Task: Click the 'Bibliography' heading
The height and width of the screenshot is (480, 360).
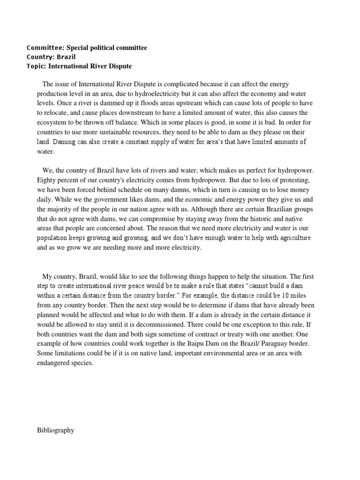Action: (x=55, y=430)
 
